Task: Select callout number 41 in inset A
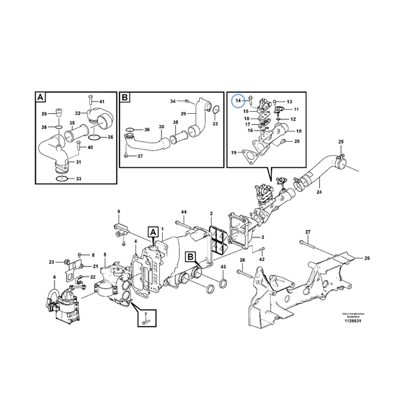click(x=101, y=102)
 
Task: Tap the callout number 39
click(x=43, y=114)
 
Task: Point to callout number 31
click(x=78, y=163)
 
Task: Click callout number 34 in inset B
click(x=173, y=102)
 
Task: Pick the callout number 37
click(x=140, y=156)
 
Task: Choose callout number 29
click(x=182, y=114)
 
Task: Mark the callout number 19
click(x=233, y=152)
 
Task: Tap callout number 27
click(x=307, y=231)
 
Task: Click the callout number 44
click(x=184, y=212)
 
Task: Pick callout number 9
click(x=118, y=212)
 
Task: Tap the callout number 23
click(x=51, y=263)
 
